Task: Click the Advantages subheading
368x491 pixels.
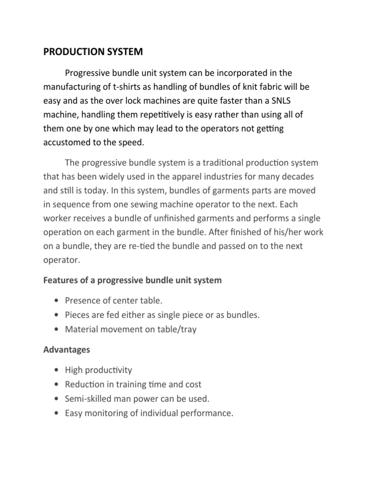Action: pos(67,350)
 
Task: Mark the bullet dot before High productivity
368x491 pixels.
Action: pos(57,371)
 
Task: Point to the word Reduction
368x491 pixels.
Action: pos(84,385)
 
